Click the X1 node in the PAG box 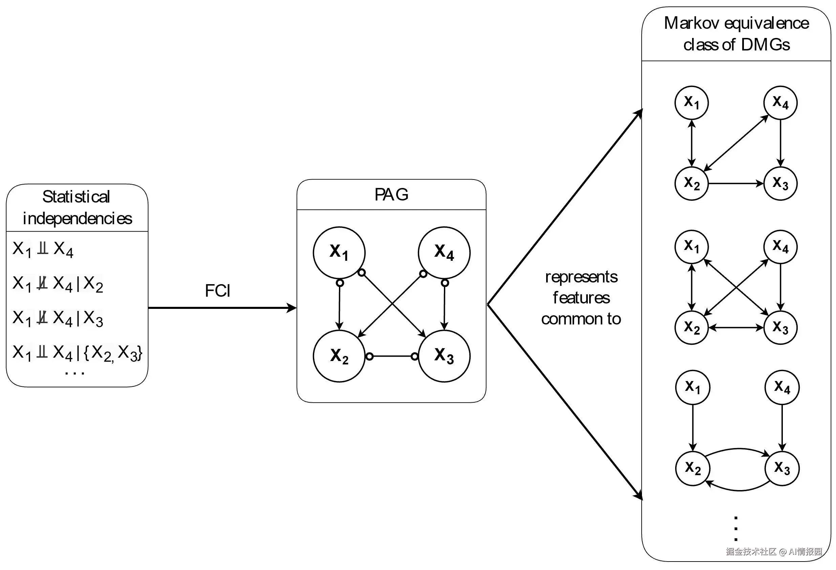[339, 253]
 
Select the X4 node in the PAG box [444, 253]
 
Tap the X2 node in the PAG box [339, 356]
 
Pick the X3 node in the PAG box [444, 356]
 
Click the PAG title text [391, 195]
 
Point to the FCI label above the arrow [218, 290]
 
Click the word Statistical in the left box [76, 197]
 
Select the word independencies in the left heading [77, 218]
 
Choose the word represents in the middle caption [581, 277]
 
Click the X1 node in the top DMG [691, 103]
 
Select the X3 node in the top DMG [780, 184]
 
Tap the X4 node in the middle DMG [780, 247]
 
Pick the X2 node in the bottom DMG [692, 468]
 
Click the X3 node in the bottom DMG [782, 468]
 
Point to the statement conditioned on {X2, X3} [77, 353]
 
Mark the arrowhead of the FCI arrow [292, 308]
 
